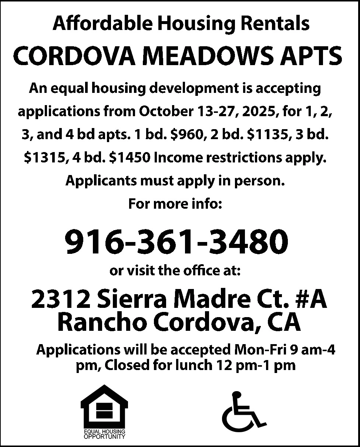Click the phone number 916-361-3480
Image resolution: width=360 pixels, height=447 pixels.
pyautogui.click(x=176, y=241)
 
